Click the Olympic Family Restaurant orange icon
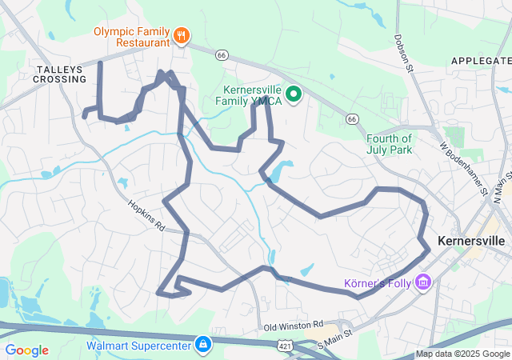182,34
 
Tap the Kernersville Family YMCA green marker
294,94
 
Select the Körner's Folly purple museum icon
423,282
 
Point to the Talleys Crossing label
60,74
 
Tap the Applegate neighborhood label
480,61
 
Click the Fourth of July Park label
389,143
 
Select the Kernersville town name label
472,240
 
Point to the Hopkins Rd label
146,215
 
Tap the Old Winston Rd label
293,326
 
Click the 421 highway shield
285,345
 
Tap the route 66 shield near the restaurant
222,54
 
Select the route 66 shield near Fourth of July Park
351,118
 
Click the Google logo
26,350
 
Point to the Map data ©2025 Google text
462,354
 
